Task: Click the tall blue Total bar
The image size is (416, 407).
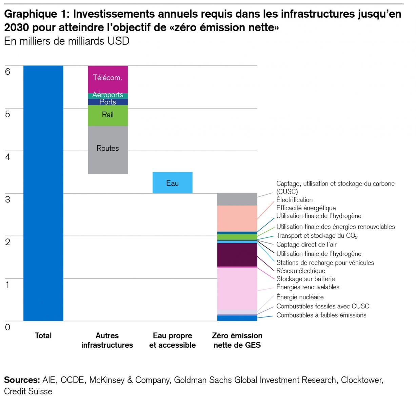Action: pyautogui.click(x=43, y=193)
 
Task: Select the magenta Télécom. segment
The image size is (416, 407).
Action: pyautogui.click(x=108, y=79)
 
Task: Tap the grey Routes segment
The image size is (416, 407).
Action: pyautogui.click(x=108, y=150)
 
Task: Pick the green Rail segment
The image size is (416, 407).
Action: pyautogui.click(x=108, y=116)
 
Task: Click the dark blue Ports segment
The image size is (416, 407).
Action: pyautogui.click(x=108, y=102)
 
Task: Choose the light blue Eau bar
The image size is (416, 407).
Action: pyautogui.click(x=172, y=183)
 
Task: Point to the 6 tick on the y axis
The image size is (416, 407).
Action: pyautogui.click(x=7, y=72)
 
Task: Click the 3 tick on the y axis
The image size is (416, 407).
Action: pyautogui.click(x=7, y=199)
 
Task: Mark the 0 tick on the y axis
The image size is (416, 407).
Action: pyautogui.click(x=7, y=327)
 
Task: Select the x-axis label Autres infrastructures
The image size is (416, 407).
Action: pyautogui.click(x=107, y=340)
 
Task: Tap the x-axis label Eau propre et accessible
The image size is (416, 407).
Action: pyautogui.click(x=172, y=340)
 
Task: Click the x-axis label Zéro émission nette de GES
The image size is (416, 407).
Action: pyautogui.click(x=237, y=340)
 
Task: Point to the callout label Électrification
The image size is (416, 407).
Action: pyautogui.click(x=294, y=200)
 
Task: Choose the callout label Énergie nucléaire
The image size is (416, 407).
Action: pyautogui.click(x=300, y=297)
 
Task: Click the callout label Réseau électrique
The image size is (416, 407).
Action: pyautogui.click(x=301, y=271)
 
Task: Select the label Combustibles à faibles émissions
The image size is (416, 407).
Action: pyautogui.click(x=321, y=315)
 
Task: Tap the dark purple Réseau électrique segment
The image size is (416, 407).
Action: pyautogui.click(x=237, y=255)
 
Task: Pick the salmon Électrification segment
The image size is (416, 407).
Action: pyautogui.click(x=237, y=218)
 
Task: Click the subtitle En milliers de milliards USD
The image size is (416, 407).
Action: pyautogui.click(x=67, y=41)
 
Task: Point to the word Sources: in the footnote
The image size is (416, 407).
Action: pyautogui.click(x=22, y=380)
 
